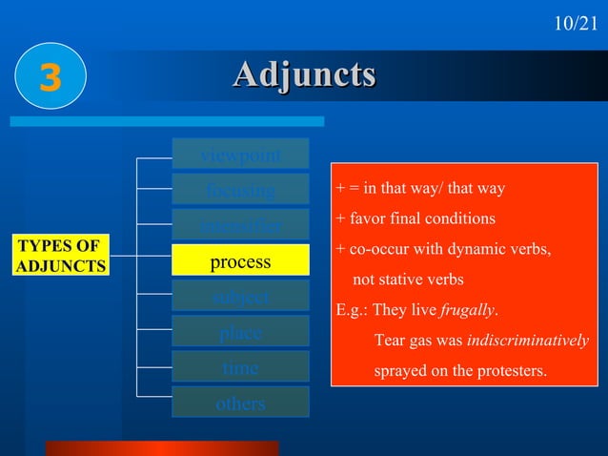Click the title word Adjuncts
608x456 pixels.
pyautogui.click(x=304, y=75)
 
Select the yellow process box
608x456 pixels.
pyautogui.click(x=240, y=261)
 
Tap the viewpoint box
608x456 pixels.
pyautogui.click(x=240, y=155)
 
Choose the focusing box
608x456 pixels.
pyautogui.click(x=240, y=190)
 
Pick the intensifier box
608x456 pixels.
pyautogui.click(x=240, y=226)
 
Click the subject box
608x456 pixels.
pyautogui.click(x=240, y=297)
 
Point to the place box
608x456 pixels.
pyautogui.click(x=240, y=332)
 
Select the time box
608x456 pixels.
pyautogui.click(x=240, y=367)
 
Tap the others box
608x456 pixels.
pyautogui.click(x=240, y=403)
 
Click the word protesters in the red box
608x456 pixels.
pyautogui.click(x=511, y=370)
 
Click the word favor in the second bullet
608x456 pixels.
pyautogui.click(x=367, y=218)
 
